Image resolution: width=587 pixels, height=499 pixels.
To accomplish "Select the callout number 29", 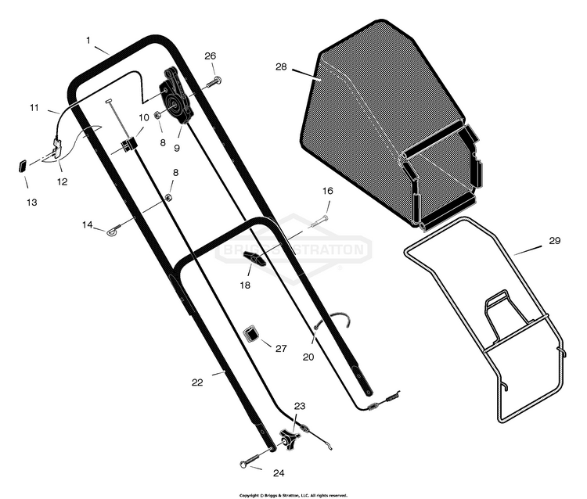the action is [554, 241].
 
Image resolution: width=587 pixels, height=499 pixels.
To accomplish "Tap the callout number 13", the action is [32, 203].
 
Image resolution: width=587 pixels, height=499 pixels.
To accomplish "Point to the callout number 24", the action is [279, 473].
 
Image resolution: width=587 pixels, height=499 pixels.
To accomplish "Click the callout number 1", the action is [88, 40].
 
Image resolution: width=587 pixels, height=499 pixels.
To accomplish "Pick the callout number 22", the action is [197, 382].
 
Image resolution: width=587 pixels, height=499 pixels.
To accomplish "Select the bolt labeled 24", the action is [253, 458].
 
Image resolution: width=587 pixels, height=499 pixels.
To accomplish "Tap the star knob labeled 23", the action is [290, 439].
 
